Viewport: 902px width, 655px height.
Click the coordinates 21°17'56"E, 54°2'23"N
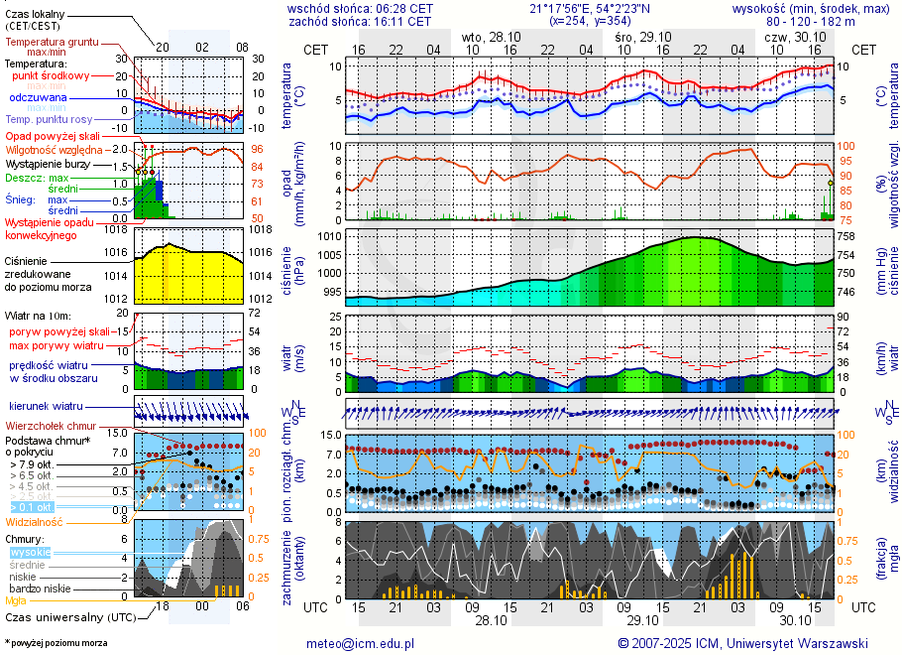tap(591, 8)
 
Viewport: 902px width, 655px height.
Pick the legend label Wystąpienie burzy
tap(49, 163)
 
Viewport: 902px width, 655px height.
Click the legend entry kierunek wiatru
tap(46, 406)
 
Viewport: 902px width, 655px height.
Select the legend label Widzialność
tap(35, 521)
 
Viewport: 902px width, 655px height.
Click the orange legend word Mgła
tap(16, 600)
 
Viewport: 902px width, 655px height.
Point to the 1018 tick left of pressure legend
tap(118, 229)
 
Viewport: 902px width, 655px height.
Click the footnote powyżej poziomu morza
tap(57, 643)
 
